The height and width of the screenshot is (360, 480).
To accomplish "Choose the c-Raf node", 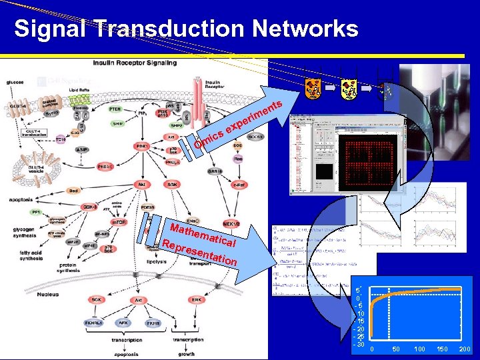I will pyautogui.click(x=239, y=185).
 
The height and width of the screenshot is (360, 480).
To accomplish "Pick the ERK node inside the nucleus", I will pyautogui.click(x=197, y=300).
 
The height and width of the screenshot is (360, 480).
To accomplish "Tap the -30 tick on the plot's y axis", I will pyautogui.click(x=359, y=344).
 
